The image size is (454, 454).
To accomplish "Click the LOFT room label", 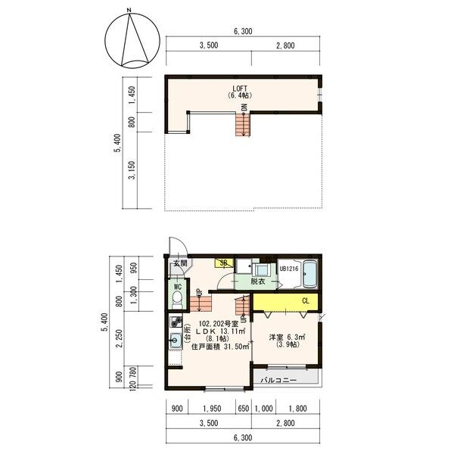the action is pos(240,89).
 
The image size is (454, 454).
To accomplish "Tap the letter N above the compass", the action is pos(129,11).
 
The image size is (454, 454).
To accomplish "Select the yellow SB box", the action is pos(224,263).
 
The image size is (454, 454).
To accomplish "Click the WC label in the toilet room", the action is pos(178,287).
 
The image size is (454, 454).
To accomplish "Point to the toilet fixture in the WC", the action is pos(176,300).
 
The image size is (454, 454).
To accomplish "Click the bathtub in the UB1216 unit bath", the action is pos(310,274).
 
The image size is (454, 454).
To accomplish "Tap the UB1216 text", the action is pos(289,269).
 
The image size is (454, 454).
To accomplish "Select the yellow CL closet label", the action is pos(306,301).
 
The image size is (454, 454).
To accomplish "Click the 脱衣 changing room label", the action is pos(258,281).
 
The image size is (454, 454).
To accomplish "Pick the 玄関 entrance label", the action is pos(180,263).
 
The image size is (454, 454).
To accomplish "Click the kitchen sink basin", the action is pos(175,340).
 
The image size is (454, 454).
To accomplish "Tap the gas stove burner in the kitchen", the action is pos(176,322).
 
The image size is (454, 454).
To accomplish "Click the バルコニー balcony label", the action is pos(278,380).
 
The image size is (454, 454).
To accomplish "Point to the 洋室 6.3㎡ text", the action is pos(288,337).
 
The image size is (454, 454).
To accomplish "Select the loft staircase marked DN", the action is pos(243,124).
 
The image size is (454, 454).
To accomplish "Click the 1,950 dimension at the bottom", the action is pos(212,409).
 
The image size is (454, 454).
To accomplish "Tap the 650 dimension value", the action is pos(243,409).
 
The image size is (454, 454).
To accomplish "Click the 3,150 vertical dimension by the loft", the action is pos(132,170).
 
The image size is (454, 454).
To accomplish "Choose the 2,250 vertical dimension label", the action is pos(119,338).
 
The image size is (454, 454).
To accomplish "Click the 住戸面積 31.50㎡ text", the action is pos(220,347).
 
